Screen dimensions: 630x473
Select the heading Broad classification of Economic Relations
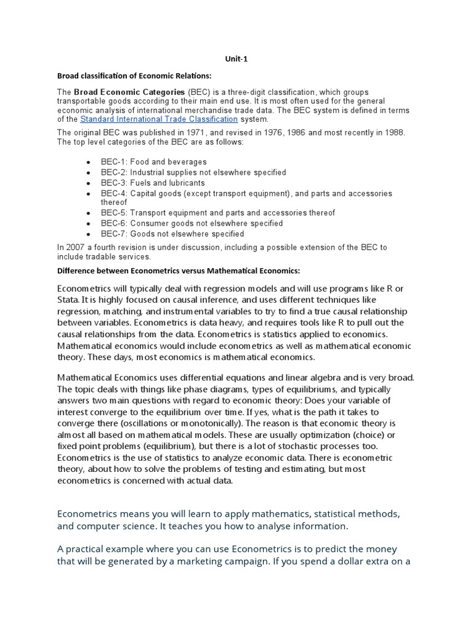[x=134, y=76]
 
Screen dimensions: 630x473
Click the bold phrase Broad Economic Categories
[x=129, y=92]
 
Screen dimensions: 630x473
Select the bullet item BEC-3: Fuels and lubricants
[x=153, y=183]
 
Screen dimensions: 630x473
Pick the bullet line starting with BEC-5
[x=218, y=213]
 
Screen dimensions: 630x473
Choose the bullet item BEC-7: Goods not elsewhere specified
[x=172, y=234]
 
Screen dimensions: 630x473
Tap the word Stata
[x=68, y=300]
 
